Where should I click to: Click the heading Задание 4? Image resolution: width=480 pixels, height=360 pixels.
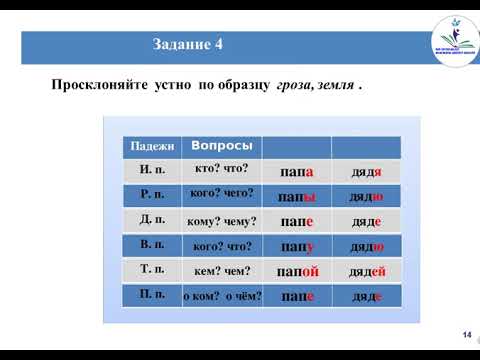tap(189, 46)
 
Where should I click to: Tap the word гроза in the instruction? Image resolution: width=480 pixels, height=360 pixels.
tap(297, 86)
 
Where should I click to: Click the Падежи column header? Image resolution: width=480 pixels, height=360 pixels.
tap(149, 147)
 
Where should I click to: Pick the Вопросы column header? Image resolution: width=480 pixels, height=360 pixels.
tap(220, 145)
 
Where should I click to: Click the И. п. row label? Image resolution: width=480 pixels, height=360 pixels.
tap(149, 171)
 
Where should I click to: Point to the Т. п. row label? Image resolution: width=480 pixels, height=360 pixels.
tap(149, 270)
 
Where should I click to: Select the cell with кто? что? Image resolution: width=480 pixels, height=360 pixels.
tap(221, 170)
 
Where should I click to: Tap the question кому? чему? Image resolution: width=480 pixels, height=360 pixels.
tap(221, 221)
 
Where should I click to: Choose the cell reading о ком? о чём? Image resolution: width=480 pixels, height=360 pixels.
tap(222, 296)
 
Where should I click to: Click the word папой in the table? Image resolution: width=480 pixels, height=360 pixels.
tap(297, 270)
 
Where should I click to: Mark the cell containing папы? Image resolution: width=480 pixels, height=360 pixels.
tap(297, 196)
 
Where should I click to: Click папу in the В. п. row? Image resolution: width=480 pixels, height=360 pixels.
tap(297, 245)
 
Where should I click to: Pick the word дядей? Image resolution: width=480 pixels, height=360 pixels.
tap(366, 270)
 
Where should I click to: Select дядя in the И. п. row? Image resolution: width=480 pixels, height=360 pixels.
tap(366, 172)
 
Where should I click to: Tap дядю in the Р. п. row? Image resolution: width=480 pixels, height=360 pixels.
tap(366, 196)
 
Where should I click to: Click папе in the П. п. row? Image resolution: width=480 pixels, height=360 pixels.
tap(297, 296)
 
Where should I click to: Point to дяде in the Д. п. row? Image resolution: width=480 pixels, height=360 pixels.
tap(366, 221)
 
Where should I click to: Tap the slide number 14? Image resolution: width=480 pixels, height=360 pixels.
tap(466, 334)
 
